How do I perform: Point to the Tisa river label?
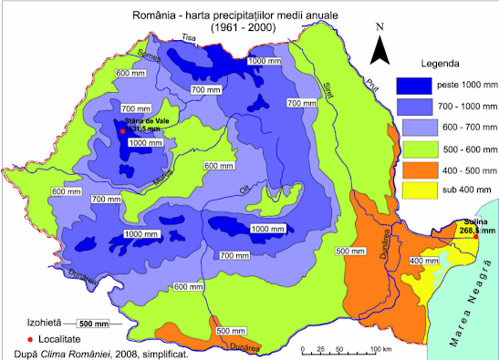[190, 37]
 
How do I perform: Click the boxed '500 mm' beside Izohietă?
[93, 324]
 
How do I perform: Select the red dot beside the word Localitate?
[30, 338]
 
